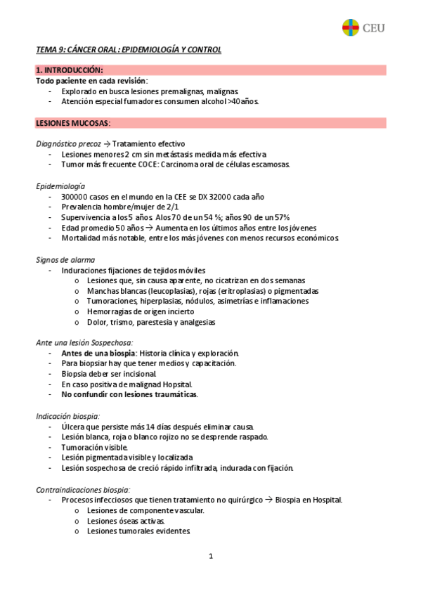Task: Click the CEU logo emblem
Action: [350, 28]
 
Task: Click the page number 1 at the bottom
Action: [210, 557]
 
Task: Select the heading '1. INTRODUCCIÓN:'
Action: [69, 70]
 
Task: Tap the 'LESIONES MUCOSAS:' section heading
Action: [73, 123]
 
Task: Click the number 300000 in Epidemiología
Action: [76, 196]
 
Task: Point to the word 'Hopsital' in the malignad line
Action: [174, 384]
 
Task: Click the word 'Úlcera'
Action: [73, 427]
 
